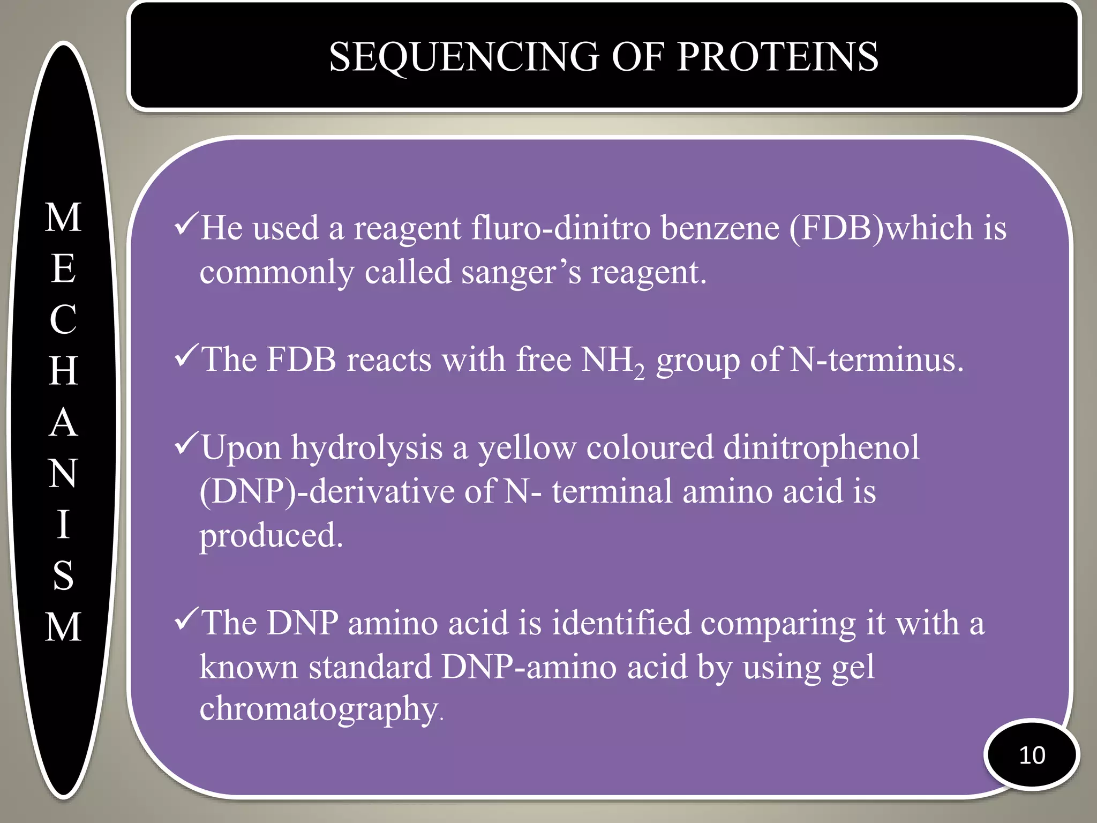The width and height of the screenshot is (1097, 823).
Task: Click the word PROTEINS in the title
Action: tap(777, 57)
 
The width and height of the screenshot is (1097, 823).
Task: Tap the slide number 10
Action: tap(1032, 755)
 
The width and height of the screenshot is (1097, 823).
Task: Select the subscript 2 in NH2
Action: tap(639, 371)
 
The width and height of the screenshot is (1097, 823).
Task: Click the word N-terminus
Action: tap(876, 360)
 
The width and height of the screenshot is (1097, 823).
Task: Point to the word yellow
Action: tap(527, 448)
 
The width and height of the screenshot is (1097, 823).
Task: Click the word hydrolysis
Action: tap(366, 448)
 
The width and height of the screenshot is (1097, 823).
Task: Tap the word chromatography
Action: tap(319, 709)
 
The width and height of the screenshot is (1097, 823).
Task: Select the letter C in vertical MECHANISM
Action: tap(63, 320)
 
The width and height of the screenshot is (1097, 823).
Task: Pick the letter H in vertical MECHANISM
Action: tap(63, 371)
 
